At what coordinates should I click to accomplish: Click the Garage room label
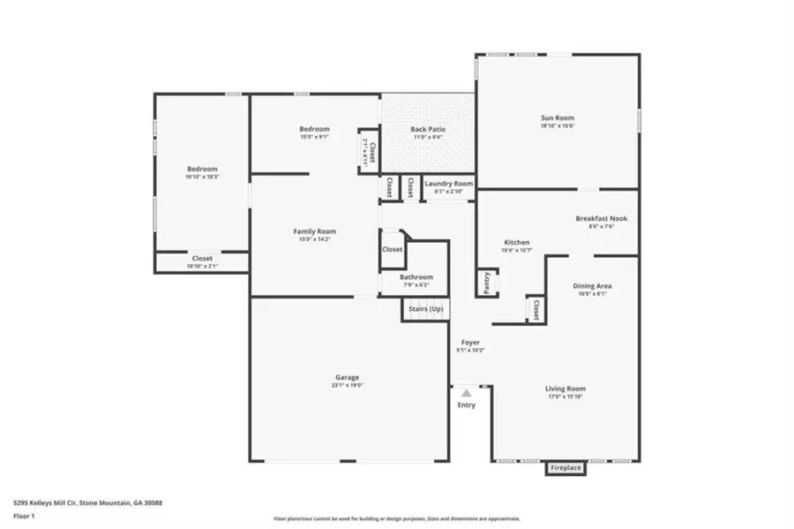click(346, 378)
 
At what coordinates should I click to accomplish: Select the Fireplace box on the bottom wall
click(566, 468)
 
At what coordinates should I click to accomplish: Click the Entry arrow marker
click(466, 390)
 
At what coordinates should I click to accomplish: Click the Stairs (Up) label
click(425, 309)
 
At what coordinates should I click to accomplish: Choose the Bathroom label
click(416, 277)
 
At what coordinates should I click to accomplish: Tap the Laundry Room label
click(449, 184)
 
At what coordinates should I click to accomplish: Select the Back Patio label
click(428, 130)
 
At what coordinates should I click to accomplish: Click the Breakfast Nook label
click(601, 218)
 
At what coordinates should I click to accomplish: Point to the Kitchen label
click(516, 242)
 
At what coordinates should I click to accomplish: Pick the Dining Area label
click(593, 286)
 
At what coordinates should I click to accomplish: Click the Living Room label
click(565, 389)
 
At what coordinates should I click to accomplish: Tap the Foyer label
click(471, 343)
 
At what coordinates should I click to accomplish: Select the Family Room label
click(315, 231)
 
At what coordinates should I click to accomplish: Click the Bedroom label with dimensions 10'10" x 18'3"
click(201, 169)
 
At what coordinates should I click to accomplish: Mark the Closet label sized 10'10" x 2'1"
click(202, 259)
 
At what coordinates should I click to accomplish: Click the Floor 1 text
click(23, 515)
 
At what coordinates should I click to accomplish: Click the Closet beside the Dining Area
click(535, 308)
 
